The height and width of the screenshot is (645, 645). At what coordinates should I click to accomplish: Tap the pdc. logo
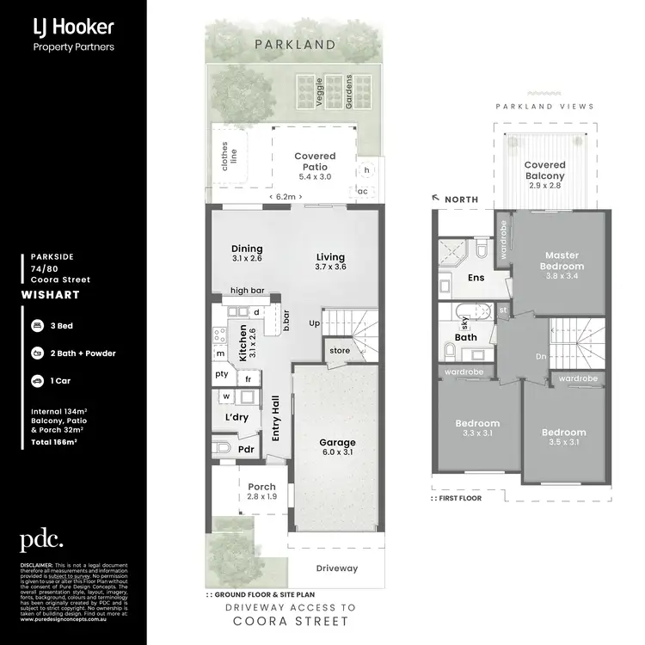(41, 540)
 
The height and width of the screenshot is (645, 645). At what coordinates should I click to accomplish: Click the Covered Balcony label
(545, 170)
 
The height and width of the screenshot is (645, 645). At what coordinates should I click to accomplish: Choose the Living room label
(330, 262)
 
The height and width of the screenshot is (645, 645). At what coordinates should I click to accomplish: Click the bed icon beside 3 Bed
(37, 328)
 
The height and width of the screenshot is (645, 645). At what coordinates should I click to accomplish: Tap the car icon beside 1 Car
(37, 379)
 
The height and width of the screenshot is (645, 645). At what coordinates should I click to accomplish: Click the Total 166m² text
(54, 441)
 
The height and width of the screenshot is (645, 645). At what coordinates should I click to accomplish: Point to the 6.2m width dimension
(284, 197)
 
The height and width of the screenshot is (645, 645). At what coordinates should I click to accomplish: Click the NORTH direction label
(462, 200)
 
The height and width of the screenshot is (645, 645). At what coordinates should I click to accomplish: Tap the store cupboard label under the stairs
(339, 350)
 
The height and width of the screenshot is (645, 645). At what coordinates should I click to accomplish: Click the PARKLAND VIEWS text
(544, 107)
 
